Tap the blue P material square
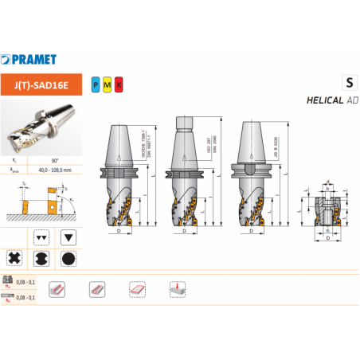pos(96,82)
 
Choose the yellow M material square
pos(106,82)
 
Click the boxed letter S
pos(347,82)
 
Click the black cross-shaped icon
pos(14,258)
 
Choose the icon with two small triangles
pos(41,237)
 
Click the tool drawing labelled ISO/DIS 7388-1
pos(120,179)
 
